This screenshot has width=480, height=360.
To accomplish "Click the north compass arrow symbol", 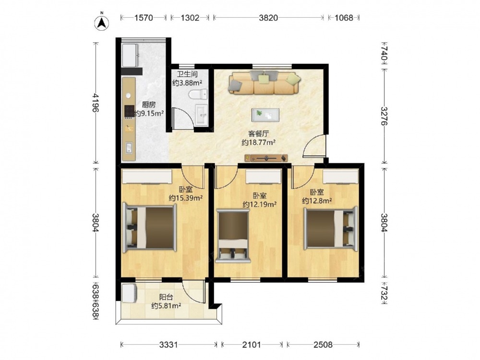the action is (102, 22).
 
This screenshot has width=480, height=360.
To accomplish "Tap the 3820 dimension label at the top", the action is (268, 18).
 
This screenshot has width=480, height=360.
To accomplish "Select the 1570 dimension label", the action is (144, 18).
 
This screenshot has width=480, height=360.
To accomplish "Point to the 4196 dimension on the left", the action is (96, 102).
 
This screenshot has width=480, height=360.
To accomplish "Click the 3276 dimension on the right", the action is (384, 116).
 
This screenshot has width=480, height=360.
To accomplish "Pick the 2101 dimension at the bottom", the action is (252, 345).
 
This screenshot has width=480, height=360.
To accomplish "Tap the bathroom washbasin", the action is (202, 115).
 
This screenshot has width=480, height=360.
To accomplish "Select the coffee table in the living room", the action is (265, 115).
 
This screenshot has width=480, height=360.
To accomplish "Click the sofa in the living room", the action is (264, 83).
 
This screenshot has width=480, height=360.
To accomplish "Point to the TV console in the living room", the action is (266, 158).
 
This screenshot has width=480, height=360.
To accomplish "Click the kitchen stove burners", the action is (129, 112).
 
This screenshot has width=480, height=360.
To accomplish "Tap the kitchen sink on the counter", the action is (129, 148).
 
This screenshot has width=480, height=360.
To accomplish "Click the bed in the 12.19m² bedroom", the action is (233, 236).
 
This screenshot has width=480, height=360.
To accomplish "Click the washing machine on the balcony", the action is (130, 293).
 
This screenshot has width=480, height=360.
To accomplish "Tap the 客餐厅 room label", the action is (259, 134).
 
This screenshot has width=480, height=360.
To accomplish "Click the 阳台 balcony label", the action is (166, 297).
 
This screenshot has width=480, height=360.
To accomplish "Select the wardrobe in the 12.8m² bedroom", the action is (340, 177).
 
